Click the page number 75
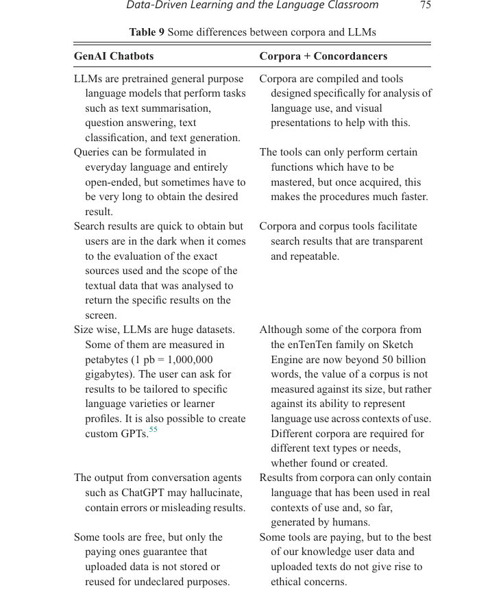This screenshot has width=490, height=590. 425,5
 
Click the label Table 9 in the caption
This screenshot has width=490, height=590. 147,32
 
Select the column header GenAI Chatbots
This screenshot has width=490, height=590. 114,56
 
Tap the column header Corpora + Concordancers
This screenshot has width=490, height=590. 323,56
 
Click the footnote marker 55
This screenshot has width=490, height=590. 153,430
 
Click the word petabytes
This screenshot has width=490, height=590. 108,359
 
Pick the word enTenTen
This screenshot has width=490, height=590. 308,345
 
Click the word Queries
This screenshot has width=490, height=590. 93,152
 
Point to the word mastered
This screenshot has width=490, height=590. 293,182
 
